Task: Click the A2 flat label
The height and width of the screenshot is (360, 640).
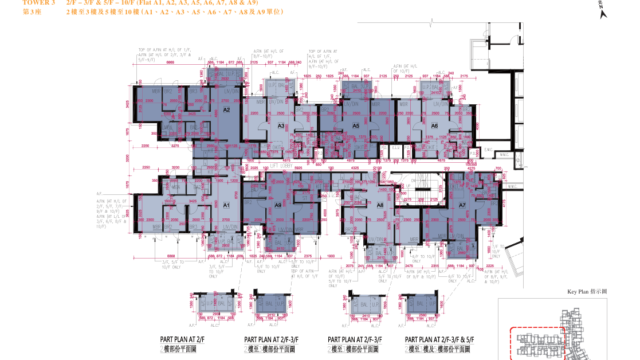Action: [228, 113]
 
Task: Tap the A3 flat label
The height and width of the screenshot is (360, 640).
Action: [282, 128]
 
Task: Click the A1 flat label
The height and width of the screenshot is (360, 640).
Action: [227, 204]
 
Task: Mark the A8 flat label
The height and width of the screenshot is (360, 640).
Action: [380, 204]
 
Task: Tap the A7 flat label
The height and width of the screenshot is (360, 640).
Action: [463, 204]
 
